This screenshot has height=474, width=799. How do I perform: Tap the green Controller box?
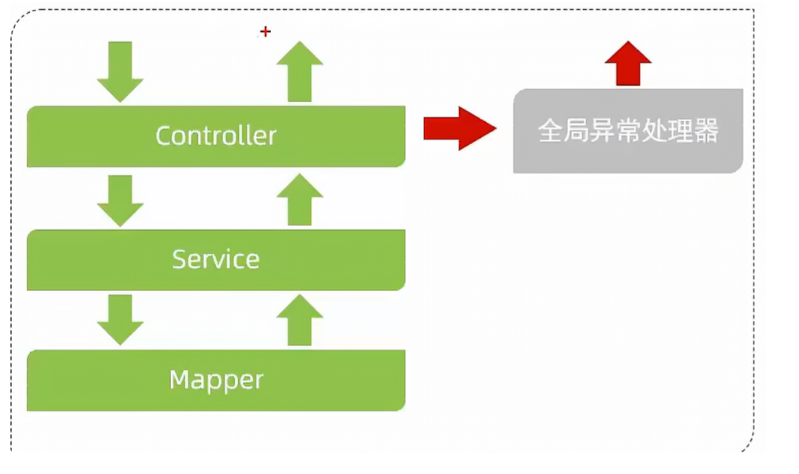216,136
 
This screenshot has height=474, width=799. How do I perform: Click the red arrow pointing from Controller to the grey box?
459,128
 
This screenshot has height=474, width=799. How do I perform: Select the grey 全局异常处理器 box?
628,131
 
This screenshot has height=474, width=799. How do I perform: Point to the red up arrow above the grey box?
628,64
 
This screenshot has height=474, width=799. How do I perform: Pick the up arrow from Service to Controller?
300,200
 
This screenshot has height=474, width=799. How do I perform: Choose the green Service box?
216,259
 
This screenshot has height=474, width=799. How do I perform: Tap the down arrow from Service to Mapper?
120,320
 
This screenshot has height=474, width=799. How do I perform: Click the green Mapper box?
216,380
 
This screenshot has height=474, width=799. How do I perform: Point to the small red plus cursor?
265,32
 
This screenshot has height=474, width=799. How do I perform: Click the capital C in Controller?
164,136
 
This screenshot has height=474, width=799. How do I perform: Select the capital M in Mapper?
180,380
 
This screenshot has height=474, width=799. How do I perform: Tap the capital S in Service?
179,259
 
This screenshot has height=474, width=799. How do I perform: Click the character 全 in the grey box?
550,132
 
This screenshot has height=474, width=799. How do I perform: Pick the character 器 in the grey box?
706,132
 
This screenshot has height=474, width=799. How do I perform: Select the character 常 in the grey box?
612,132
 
